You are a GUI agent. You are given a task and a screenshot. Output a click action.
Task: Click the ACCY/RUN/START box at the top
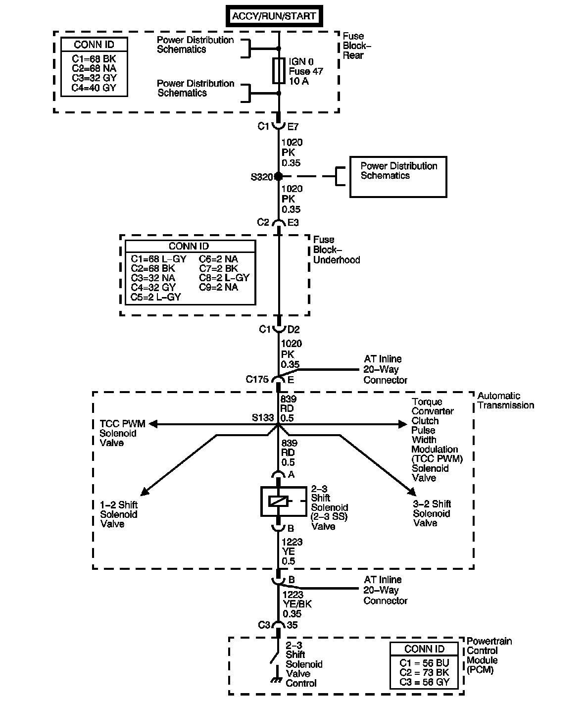click(274, 16)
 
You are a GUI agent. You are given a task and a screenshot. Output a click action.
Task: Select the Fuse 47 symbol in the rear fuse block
click(279, 71)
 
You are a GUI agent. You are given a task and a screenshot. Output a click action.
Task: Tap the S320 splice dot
click(279, 176)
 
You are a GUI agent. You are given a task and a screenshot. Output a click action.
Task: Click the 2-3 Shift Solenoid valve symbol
click(278, 501)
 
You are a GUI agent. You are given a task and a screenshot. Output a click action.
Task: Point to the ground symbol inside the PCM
click(275, 680)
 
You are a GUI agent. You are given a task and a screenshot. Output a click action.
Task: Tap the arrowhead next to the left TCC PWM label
click(153, 424)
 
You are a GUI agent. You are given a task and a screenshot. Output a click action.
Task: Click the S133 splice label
click(262, 418)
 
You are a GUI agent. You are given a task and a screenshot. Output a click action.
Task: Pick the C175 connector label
click(257, 380)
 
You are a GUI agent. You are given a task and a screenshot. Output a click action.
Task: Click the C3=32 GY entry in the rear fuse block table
click(94, 78)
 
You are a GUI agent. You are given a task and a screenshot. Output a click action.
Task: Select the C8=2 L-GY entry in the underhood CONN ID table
click(224, 278)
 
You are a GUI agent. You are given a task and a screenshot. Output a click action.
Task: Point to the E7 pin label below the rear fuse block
click(293, 127)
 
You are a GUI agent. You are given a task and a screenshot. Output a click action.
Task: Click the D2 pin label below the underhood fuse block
click(293, 330)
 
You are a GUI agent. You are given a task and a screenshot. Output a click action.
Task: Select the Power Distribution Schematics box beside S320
click(398, 177)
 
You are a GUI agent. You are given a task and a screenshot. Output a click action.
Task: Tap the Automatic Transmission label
click(505, 401)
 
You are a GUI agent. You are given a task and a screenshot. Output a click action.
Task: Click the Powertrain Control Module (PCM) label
click(489, 655)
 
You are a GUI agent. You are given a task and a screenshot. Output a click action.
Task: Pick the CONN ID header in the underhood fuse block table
click(189, 246)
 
